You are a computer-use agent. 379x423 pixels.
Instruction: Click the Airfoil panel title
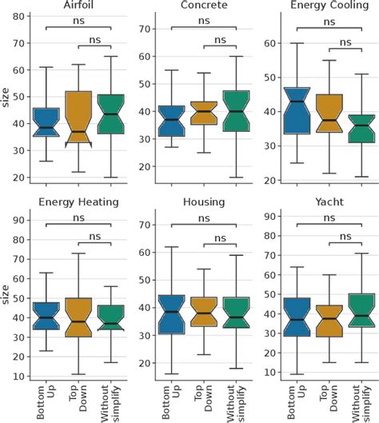point(77,6)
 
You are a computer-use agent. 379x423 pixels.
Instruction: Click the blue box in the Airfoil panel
point(46,122)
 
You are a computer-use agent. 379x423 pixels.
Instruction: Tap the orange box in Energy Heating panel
point(77,317)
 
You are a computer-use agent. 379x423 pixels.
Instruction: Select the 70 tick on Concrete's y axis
point(143,29)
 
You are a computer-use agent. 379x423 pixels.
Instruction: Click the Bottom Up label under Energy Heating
point(46,395)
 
